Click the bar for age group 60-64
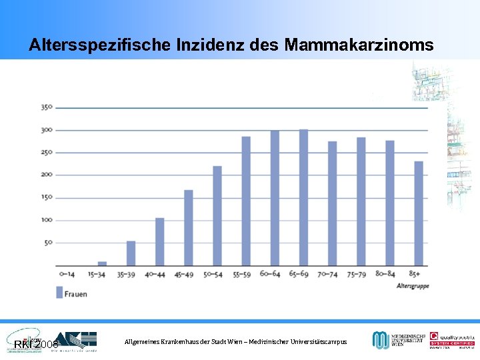tap(275, 198)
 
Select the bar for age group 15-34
tap(102, 263)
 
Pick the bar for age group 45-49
tap(189, 228)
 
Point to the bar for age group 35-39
tap(131, 253)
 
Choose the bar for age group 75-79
tap(361, 201)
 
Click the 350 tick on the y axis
tap(47, 107)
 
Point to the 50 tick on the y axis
tap(48, 243)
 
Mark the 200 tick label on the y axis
tap(47, 175)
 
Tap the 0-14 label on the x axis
tap(67, 274)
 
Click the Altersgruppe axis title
tap(413, 285)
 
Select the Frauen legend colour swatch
tap(59, 292)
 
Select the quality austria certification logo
tap(452, 339)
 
